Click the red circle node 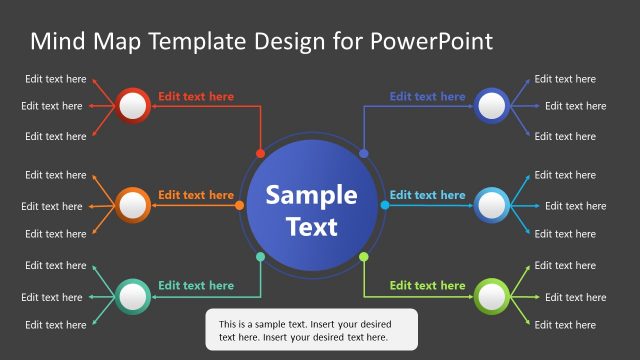pos(133,105)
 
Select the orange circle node pos(133,205)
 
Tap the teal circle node pos(133,295)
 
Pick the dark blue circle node pos(492,105)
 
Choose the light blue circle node pos(492,205)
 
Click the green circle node pos(492,295)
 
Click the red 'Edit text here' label pos(196,97)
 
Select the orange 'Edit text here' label pos(196,195)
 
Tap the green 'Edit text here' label pos(427,285)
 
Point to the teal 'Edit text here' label pos(196,285)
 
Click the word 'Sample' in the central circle pos(311,194)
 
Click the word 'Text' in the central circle pos(312,226)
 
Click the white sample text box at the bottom pos(311,330)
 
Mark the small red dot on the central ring pos(261,154)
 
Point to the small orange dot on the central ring pos(239,205)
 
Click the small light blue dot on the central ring pos(385,205)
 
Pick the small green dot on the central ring pos(364,257)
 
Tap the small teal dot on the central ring pos(261,257)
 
